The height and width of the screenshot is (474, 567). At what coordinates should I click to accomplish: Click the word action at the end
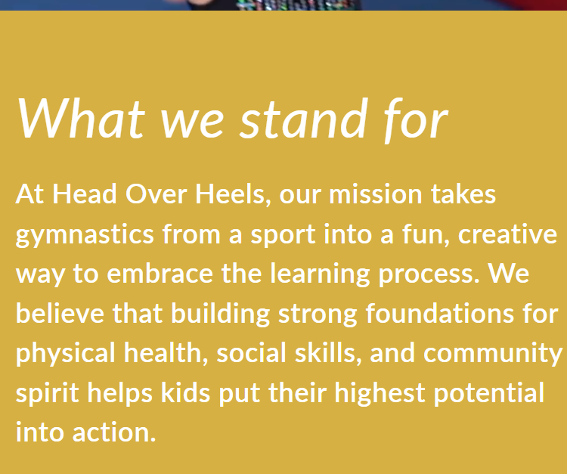114,432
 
